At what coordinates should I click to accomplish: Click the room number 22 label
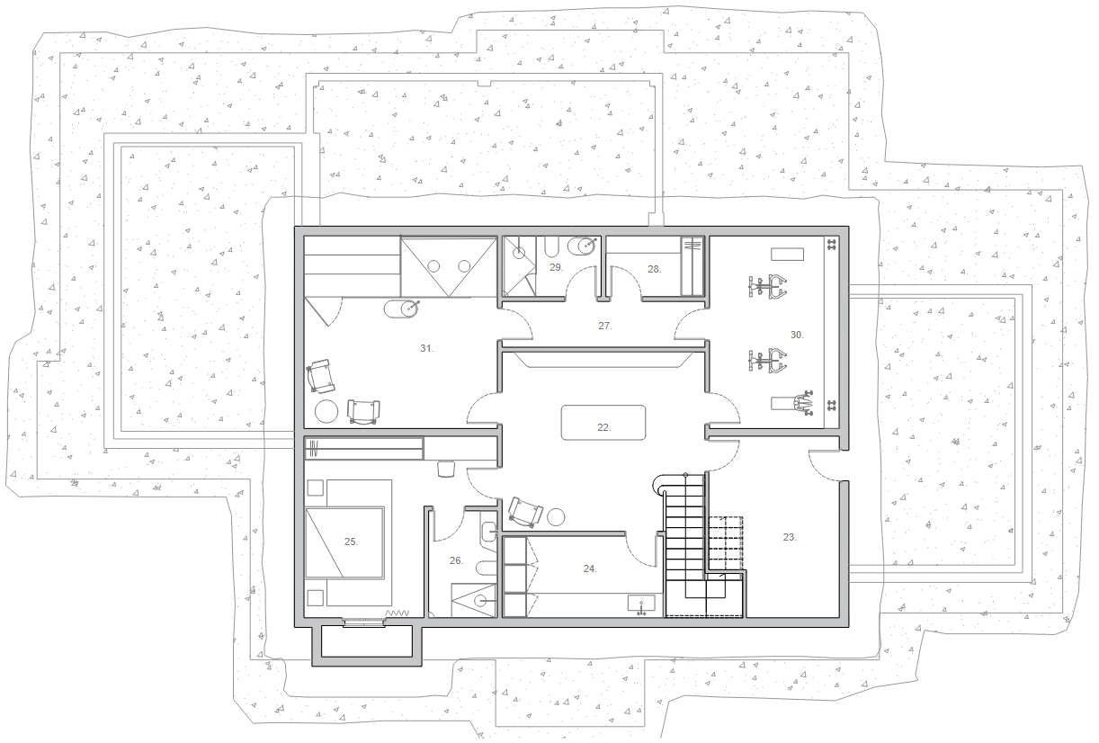pos(604,427)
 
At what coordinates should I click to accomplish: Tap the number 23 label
pos(790,537)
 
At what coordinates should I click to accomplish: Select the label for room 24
pos(590,568)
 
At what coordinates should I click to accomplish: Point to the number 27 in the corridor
pos(605,326)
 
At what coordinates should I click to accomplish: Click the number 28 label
pos(654,269)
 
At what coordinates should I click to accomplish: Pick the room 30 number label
pos(797,335)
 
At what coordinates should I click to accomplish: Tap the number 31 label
pos(427,348)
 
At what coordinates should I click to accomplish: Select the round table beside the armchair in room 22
pos(556,516)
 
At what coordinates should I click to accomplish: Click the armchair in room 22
pos(525,513)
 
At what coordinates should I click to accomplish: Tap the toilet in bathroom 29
pos(551,246)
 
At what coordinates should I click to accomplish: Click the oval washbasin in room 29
pos(583,246)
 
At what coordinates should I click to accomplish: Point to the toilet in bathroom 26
pos(487,568)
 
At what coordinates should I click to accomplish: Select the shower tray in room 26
pos(474,600)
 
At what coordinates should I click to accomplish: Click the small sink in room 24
pos(641,604)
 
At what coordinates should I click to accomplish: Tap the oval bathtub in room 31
pos(401,309)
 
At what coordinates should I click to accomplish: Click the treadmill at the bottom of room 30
pos(791,403)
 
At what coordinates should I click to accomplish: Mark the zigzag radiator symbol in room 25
pos(397,613)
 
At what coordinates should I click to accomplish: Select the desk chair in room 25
pos(446,469)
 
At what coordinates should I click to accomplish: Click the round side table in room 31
pos(326,411)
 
